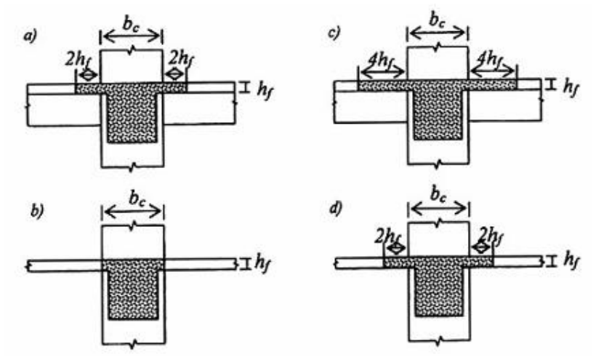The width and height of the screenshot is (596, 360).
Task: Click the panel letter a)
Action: pyautogui.click(x=31, y=36)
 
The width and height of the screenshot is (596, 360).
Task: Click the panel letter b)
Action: pyautogui.click(x=37, y=212)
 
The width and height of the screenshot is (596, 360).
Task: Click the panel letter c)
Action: pyautogui.click(x=334, y=33)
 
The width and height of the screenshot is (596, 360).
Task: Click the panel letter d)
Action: pyautogui.click(x=336, y=208)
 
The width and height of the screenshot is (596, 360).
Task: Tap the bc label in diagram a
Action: pyautogui.click(x=131, y=23)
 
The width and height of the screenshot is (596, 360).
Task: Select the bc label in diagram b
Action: pyautogui.click(x=137, y=199)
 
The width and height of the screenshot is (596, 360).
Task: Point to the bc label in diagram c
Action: pyautogui.click(x=438, y=20)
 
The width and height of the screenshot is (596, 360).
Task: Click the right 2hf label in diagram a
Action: pyautogui.click(x=180, y=59)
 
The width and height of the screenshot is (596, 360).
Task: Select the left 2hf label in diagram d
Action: pyautogui.click(x=386, y=237)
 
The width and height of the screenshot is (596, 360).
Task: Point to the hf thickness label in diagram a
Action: pyautogui.click(x=266, y=90)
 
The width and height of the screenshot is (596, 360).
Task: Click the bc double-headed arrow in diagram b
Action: pyautogui.click(x=133, y=212)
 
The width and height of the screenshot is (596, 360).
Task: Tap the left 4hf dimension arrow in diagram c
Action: pyautogui.click(x=382, y=71)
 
